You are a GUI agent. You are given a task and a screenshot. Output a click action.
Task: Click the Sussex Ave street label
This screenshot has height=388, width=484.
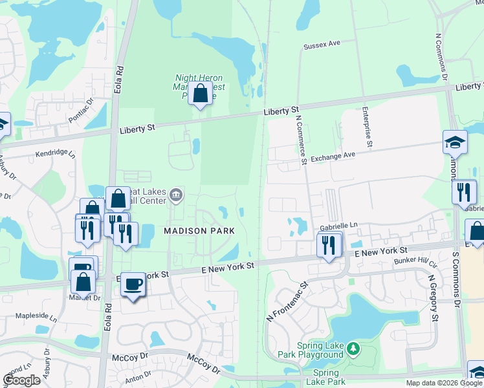322,46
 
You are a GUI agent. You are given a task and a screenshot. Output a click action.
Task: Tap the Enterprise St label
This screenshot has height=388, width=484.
366,127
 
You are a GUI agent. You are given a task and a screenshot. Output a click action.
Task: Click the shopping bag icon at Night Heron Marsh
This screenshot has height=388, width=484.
201,94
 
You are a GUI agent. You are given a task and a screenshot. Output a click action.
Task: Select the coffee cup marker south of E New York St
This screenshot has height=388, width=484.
133,285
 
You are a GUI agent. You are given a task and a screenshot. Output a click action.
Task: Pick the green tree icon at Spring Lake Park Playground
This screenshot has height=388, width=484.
353,349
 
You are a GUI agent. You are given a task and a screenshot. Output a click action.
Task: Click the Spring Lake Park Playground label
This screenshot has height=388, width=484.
320,350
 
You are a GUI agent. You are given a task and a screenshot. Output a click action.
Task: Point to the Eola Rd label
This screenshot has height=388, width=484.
119,80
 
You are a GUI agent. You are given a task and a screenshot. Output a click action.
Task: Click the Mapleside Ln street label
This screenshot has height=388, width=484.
36,318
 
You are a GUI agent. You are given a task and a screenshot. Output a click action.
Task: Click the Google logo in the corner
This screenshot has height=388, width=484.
21,380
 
